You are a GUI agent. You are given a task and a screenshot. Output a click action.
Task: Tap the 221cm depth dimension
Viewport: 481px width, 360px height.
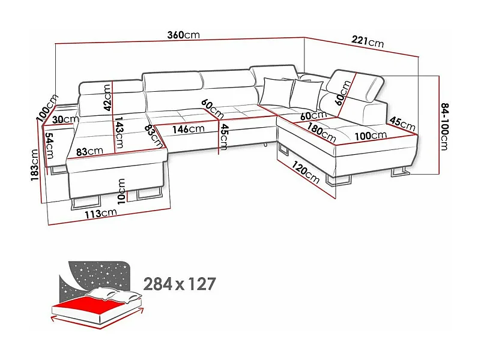click(x=368, y=42)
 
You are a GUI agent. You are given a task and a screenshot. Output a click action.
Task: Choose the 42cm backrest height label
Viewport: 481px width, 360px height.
click(x=107, y=97)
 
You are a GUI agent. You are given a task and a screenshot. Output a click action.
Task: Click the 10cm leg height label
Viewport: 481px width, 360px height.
click(x=122, y=191)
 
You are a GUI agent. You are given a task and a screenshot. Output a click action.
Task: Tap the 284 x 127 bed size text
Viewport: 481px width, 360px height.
click(x=180, y=283)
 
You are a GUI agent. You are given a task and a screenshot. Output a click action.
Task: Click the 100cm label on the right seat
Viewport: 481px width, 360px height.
click(x=370, y=136)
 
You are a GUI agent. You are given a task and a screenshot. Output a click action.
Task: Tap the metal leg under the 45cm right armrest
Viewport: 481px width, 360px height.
click(x=399, y=173)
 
